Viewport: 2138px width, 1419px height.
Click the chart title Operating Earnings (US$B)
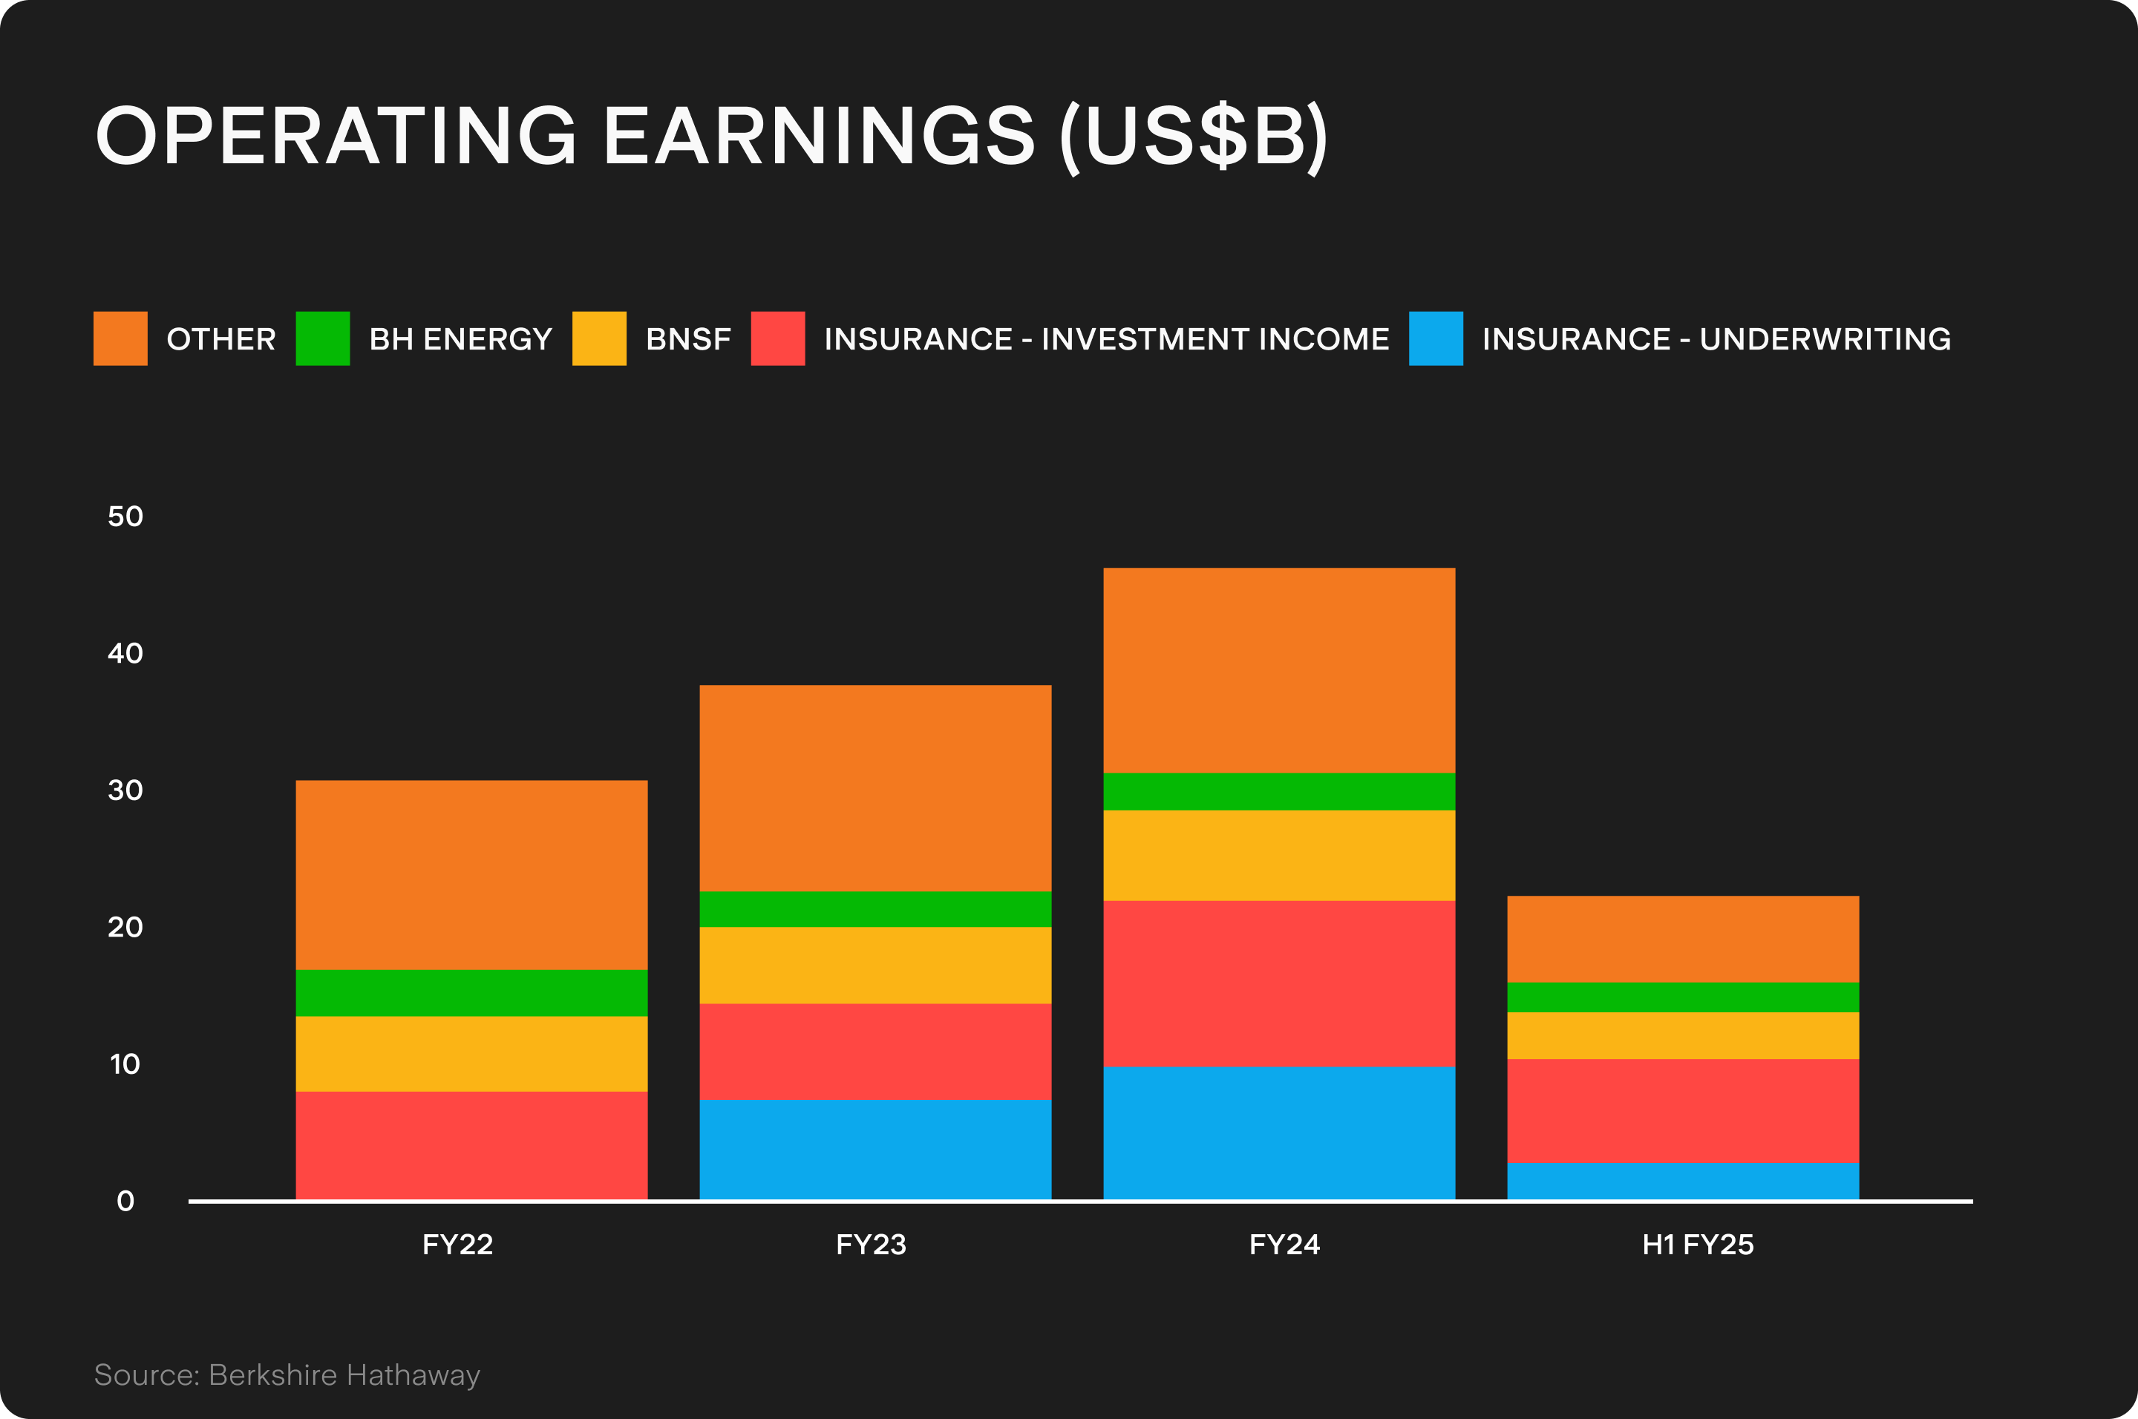coord(710,136)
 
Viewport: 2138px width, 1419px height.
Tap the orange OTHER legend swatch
coord(120,338)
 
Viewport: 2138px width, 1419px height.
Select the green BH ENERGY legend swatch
coord(322,338)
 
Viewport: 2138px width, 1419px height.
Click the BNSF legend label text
coord(688,338)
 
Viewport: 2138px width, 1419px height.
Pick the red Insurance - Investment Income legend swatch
coord(777,338)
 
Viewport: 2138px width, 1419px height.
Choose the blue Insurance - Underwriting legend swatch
coord(1436,338)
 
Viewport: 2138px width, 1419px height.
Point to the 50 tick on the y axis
coord(125,517)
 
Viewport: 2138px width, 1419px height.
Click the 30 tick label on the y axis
coord(125,790)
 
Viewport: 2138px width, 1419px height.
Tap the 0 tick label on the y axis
coord(125,1201)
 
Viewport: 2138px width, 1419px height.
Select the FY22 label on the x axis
coord(457,1245)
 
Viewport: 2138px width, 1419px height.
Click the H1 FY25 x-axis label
coord(1698,1245)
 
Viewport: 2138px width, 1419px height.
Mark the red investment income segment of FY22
coord(471,1145)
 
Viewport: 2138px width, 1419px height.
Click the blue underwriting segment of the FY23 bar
coord(875,1150)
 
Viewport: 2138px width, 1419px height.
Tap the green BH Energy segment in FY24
coord(1279,791)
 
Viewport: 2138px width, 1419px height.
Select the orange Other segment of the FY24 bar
coord(1279,669)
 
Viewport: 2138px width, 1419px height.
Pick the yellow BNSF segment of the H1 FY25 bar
coord(1683,1035)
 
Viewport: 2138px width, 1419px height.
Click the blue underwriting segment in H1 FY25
coord(1683,1181)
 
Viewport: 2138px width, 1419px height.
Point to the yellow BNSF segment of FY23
coord(875,965)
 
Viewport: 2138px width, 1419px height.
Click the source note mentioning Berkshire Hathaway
coord(287,1374)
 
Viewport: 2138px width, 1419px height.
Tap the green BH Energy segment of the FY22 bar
coord(471,993)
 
